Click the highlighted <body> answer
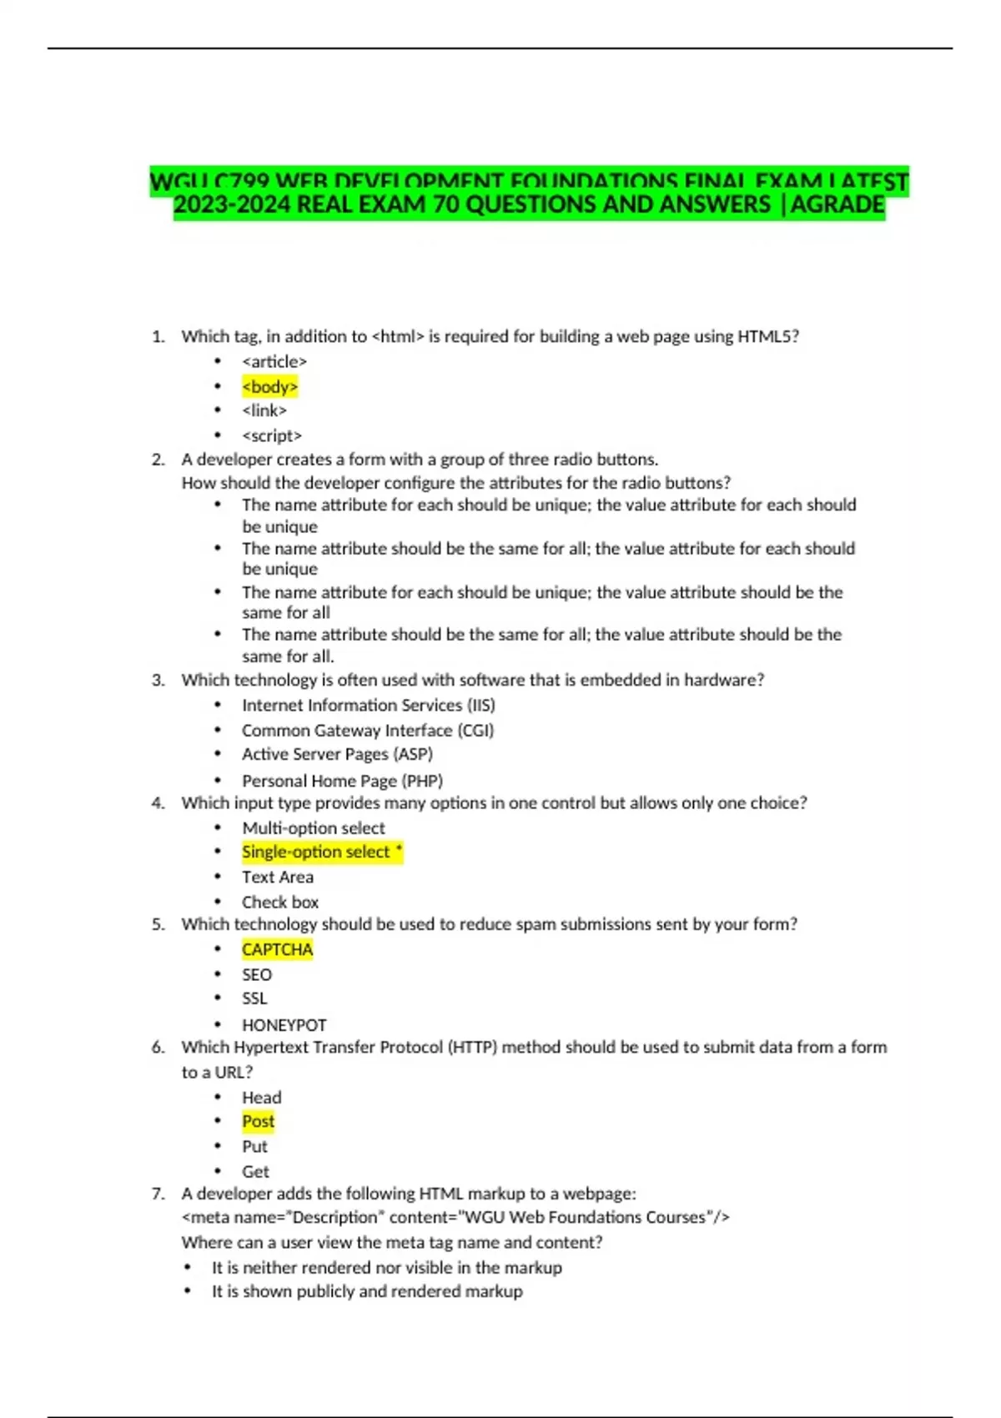pyautogui.click(x=269, y=387)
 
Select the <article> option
pyautogui.click(x=274, y=362)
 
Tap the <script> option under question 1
pyautogui.click(x=272, y=435)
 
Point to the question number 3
pyautogui.click(x=158, y=681)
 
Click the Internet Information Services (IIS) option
pyautogui.click(x=368, y=706)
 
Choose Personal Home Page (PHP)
pyautogui.click(x=342, y=781)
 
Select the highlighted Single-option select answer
pyautogui.click(x=321, y=852)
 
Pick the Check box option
pyautogui.click(x=280, y=902)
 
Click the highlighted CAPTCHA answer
pyautogui.click(x=277, y=949)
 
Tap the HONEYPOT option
pyautogui.click(x=284, y=1024)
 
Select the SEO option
pyautogui.click(x=257, y=974)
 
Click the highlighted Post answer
pyautogui.click(x=258, y=1122)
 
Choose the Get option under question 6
pyautogui.click(x=255, y=1171)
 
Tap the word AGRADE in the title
pyautogui.click(x=838, y=205)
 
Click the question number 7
pyautogui.click(x=158, y=1194)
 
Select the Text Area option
pyautogui.click(x=278, y=877)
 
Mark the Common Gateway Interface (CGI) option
pyautogui.click(x=368, y=731)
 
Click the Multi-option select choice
pyautogui.click(x=314, y=828)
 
